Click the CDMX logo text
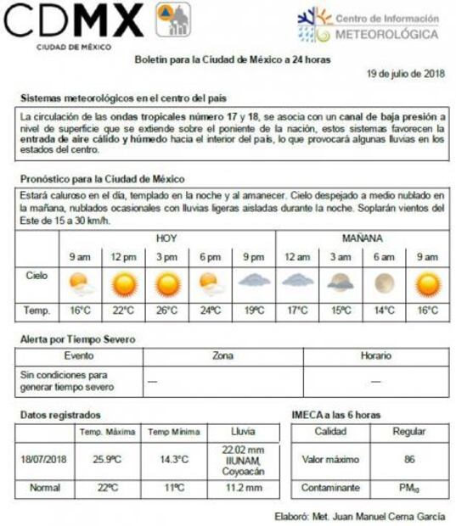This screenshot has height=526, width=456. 74,20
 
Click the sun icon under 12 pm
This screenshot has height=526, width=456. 124,283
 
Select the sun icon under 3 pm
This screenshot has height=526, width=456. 167,283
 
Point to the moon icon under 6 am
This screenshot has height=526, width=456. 384,283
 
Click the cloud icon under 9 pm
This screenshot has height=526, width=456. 254,280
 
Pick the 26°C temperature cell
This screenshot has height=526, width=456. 167,311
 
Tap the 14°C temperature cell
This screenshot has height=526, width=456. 384,311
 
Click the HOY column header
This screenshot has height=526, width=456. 166,238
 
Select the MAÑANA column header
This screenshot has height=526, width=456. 362,238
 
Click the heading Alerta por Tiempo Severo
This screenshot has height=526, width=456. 77,339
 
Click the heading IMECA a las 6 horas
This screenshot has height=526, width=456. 335,415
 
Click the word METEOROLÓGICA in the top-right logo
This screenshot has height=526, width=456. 386,35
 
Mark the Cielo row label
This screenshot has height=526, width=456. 37,277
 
